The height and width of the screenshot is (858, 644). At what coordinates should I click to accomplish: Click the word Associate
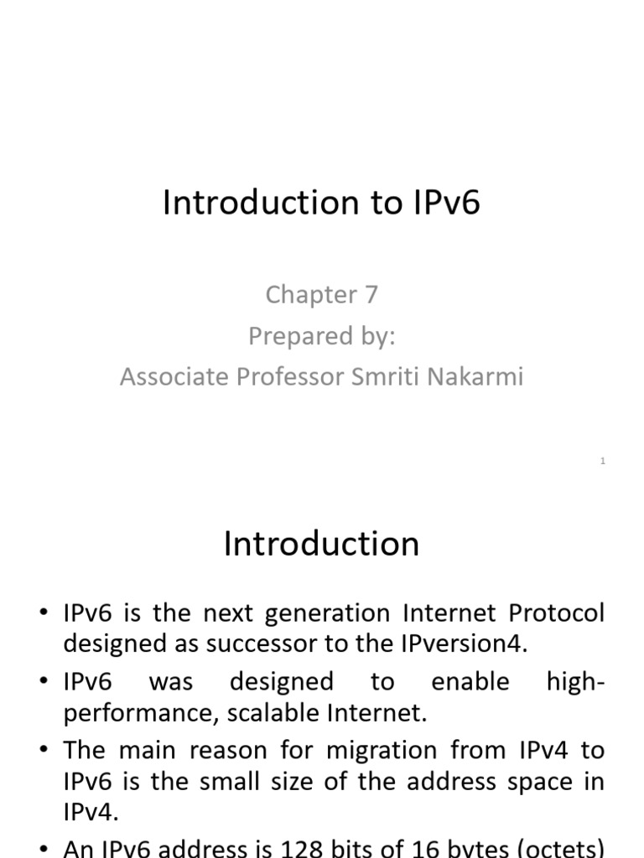[x=174, y=377]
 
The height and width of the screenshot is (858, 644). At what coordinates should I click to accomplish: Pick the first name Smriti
[x=389, y=377]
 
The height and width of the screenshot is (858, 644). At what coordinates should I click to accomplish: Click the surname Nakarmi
[x=479, y=377]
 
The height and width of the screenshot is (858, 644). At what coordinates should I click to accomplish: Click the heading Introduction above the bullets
[x=321, y=545]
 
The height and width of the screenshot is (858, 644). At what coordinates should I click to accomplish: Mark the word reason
[x=230, y=750]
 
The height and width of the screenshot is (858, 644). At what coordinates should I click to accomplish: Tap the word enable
[x=470, y=681]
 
